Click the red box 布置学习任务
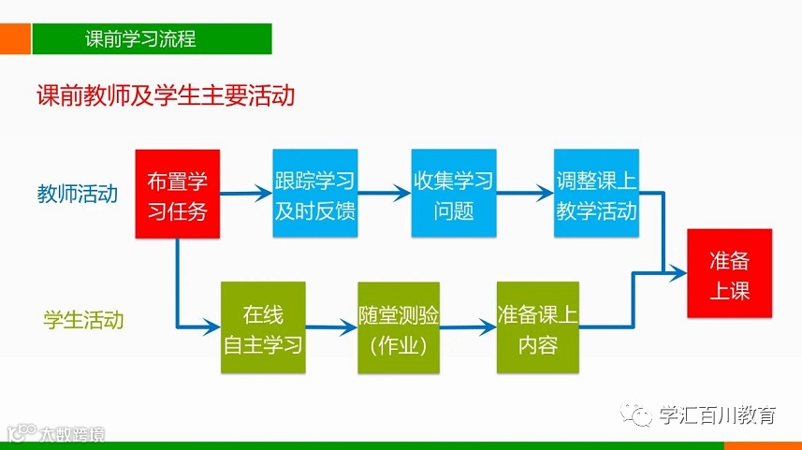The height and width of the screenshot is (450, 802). click(177, 195)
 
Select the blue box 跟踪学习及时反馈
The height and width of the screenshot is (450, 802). click(314, 195)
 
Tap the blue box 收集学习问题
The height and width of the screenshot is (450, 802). click(453, 195)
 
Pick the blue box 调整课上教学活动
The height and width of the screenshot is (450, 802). click(596, 195)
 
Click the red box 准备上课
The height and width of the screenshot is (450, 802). click(730, 274)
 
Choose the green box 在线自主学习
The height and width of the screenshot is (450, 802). click(263, 327)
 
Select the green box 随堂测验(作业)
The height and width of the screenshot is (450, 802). click(399, 327)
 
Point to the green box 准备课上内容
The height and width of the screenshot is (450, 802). click(538, 327)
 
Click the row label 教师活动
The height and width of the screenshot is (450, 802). click(78, 195)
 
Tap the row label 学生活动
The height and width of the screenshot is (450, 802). click(82, 320)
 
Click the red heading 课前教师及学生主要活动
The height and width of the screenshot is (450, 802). click(165, 96)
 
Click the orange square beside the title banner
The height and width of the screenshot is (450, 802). click(14, 39)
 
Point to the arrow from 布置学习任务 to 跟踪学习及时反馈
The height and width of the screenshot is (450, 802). click(246, 195)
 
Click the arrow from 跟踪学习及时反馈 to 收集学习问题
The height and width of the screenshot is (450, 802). click(384, 195)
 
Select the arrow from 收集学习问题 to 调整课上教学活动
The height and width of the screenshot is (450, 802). click(525, 195)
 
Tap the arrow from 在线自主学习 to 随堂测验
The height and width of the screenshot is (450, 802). click(330, 327)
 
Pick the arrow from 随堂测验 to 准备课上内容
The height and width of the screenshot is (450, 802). click(469, 327)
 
